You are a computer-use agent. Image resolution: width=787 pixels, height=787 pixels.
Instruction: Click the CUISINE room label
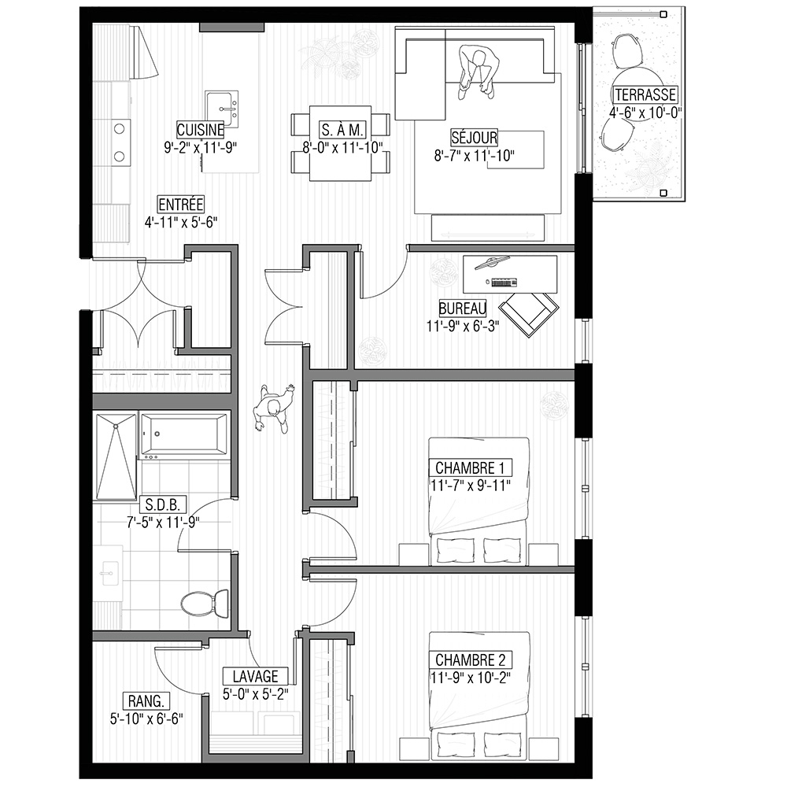[x=200, y=130]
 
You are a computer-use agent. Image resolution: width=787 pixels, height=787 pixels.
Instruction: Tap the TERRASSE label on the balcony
[x=645, y=95]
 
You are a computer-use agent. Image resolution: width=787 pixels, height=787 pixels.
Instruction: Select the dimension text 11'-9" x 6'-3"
[x=463, y=327]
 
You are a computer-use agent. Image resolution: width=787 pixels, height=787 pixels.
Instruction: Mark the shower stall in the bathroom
[x=116, y=456]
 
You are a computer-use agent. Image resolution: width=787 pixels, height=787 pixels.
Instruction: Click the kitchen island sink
[x=221, y=109]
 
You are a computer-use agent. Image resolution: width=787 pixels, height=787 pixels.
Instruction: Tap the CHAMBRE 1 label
[x=470, y=467]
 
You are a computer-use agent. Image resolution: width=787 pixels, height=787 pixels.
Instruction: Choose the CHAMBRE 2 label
[x=471, y=660]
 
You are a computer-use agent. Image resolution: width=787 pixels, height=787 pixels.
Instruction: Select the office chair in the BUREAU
[x=530, y=314]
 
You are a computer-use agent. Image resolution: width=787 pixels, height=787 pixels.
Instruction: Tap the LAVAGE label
[x=256, y=676]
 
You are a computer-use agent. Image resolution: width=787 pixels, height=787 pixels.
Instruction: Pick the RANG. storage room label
[x=146, y=700]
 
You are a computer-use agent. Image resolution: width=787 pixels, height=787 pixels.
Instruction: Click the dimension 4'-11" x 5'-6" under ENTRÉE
[x=181, y=223]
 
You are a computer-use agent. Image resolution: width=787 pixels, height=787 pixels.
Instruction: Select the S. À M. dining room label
[x=342, y=130]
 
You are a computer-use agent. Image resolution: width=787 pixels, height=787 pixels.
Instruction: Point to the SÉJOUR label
[x=475, y=138]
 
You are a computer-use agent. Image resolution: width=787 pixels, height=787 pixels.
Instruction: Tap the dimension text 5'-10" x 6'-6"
[x=146, y=719]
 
